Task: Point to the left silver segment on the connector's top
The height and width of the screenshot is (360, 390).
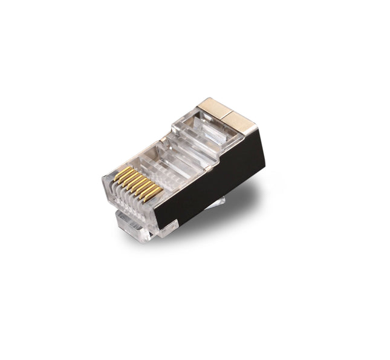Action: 212,108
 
